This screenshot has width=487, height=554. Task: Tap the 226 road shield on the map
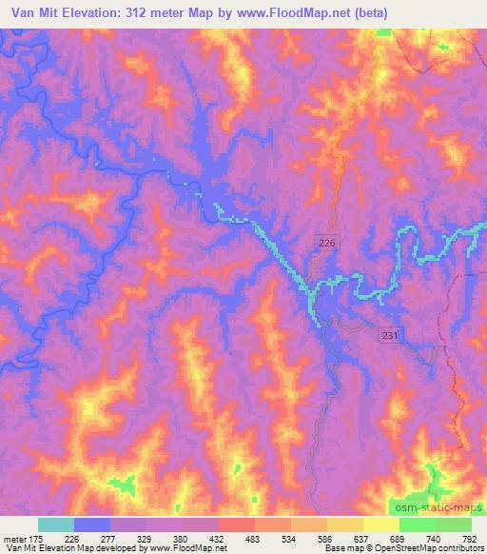326,244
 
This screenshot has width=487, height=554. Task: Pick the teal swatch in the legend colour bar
56,524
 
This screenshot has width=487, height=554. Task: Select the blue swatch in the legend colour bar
93,524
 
